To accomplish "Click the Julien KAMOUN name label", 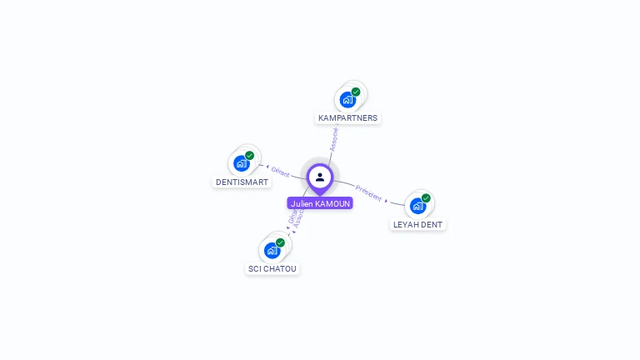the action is pyautogui.click(x=320, y=203).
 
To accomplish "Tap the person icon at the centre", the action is pyautogui.click(x=320, y=177).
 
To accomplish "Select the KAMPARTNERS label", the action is pyautogui.click(x=347, y=118).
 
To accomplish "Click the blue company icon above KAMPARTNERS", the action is pyautogui.click(x=347, y=100).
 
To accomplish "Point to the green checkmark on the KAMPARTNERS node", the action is pyautogui.click(x=356, y=92).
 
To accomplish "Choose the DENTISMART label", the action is pyautogui.click(x=242, y=182).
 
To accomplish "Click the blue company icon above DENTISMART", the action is pyautogui.click(x=242, y=163).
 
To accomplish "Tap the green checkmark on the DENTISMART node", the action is pyautogui.click(x=250, y=155).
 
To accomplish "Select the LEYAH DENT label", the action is pyautogui.click(x=418, y=225).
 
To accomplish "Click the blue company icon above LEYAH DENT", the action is pyautogui.click(x=417, y=207).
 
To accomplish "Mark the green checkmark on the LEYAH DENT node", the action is pyautogui.click(x=426, y=198).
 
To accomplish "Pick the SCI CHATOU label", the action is pyautogui.click(x=272, y=268).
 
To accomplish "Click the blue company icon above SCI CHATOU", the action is pyautogui.click(x=272, y=250).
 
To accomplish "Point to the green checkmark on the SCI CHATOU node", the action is pyautogui.click(x=280, y=242).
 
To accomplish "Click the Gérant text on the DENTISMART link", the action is pyautogui.click(x=280, y=172).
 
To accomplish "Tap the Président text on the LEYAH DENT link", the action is pyautogui.click(x=368, y=192).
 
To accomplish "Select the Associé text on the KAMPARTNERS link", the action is pyautogui.click(x=334, y=138).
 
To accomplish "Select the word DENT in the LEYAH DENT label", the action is pyautogui.click(x=432, y=225).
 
